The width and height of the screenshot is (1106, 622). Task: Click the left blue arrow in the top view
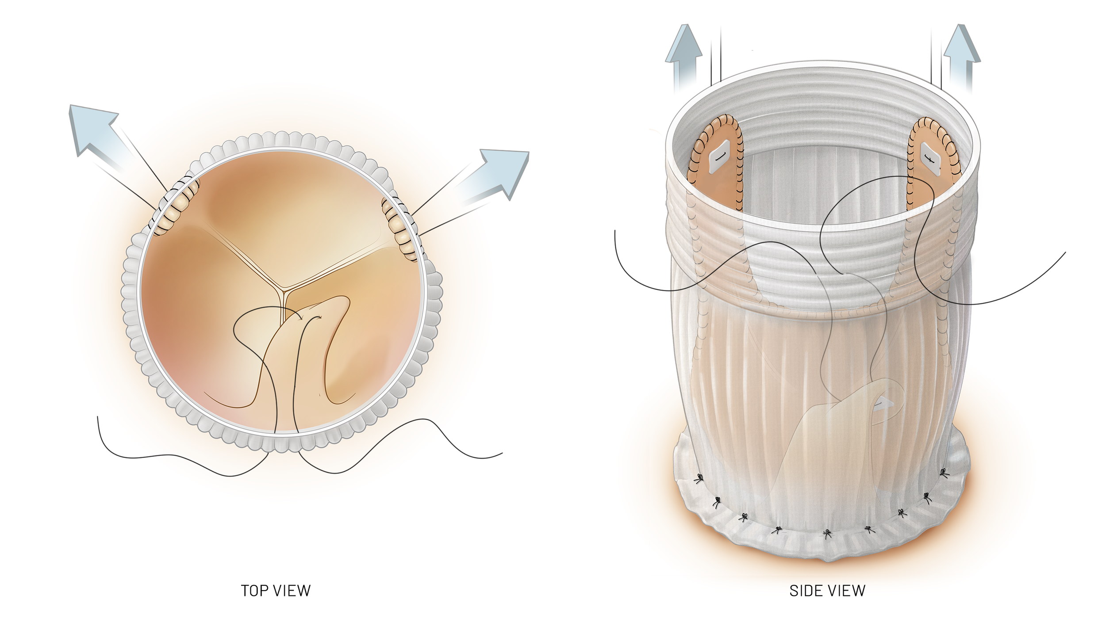point(95,128)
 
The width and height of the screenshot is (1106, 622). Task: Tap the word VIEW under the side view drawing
point(847,591)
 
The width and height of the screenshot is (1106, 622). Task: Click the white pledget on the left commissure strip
point(718,156)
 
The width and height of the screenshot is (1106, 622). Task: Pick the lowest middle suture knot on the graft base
point(827,534)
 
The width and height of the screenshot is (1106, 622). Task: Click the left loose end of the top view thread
point(98,417)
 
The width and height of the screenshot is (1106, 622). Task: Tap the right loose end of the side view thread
point(1065,253)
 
